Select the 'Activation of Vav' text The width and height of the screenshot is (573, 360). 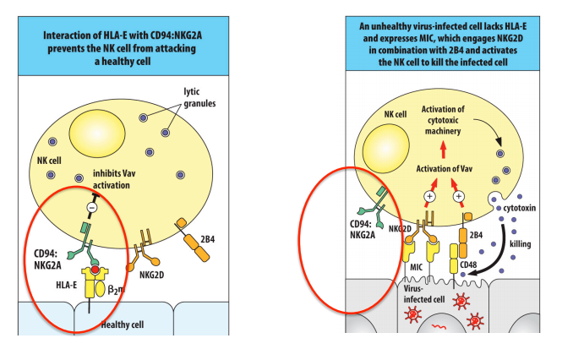coord(443,170)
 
